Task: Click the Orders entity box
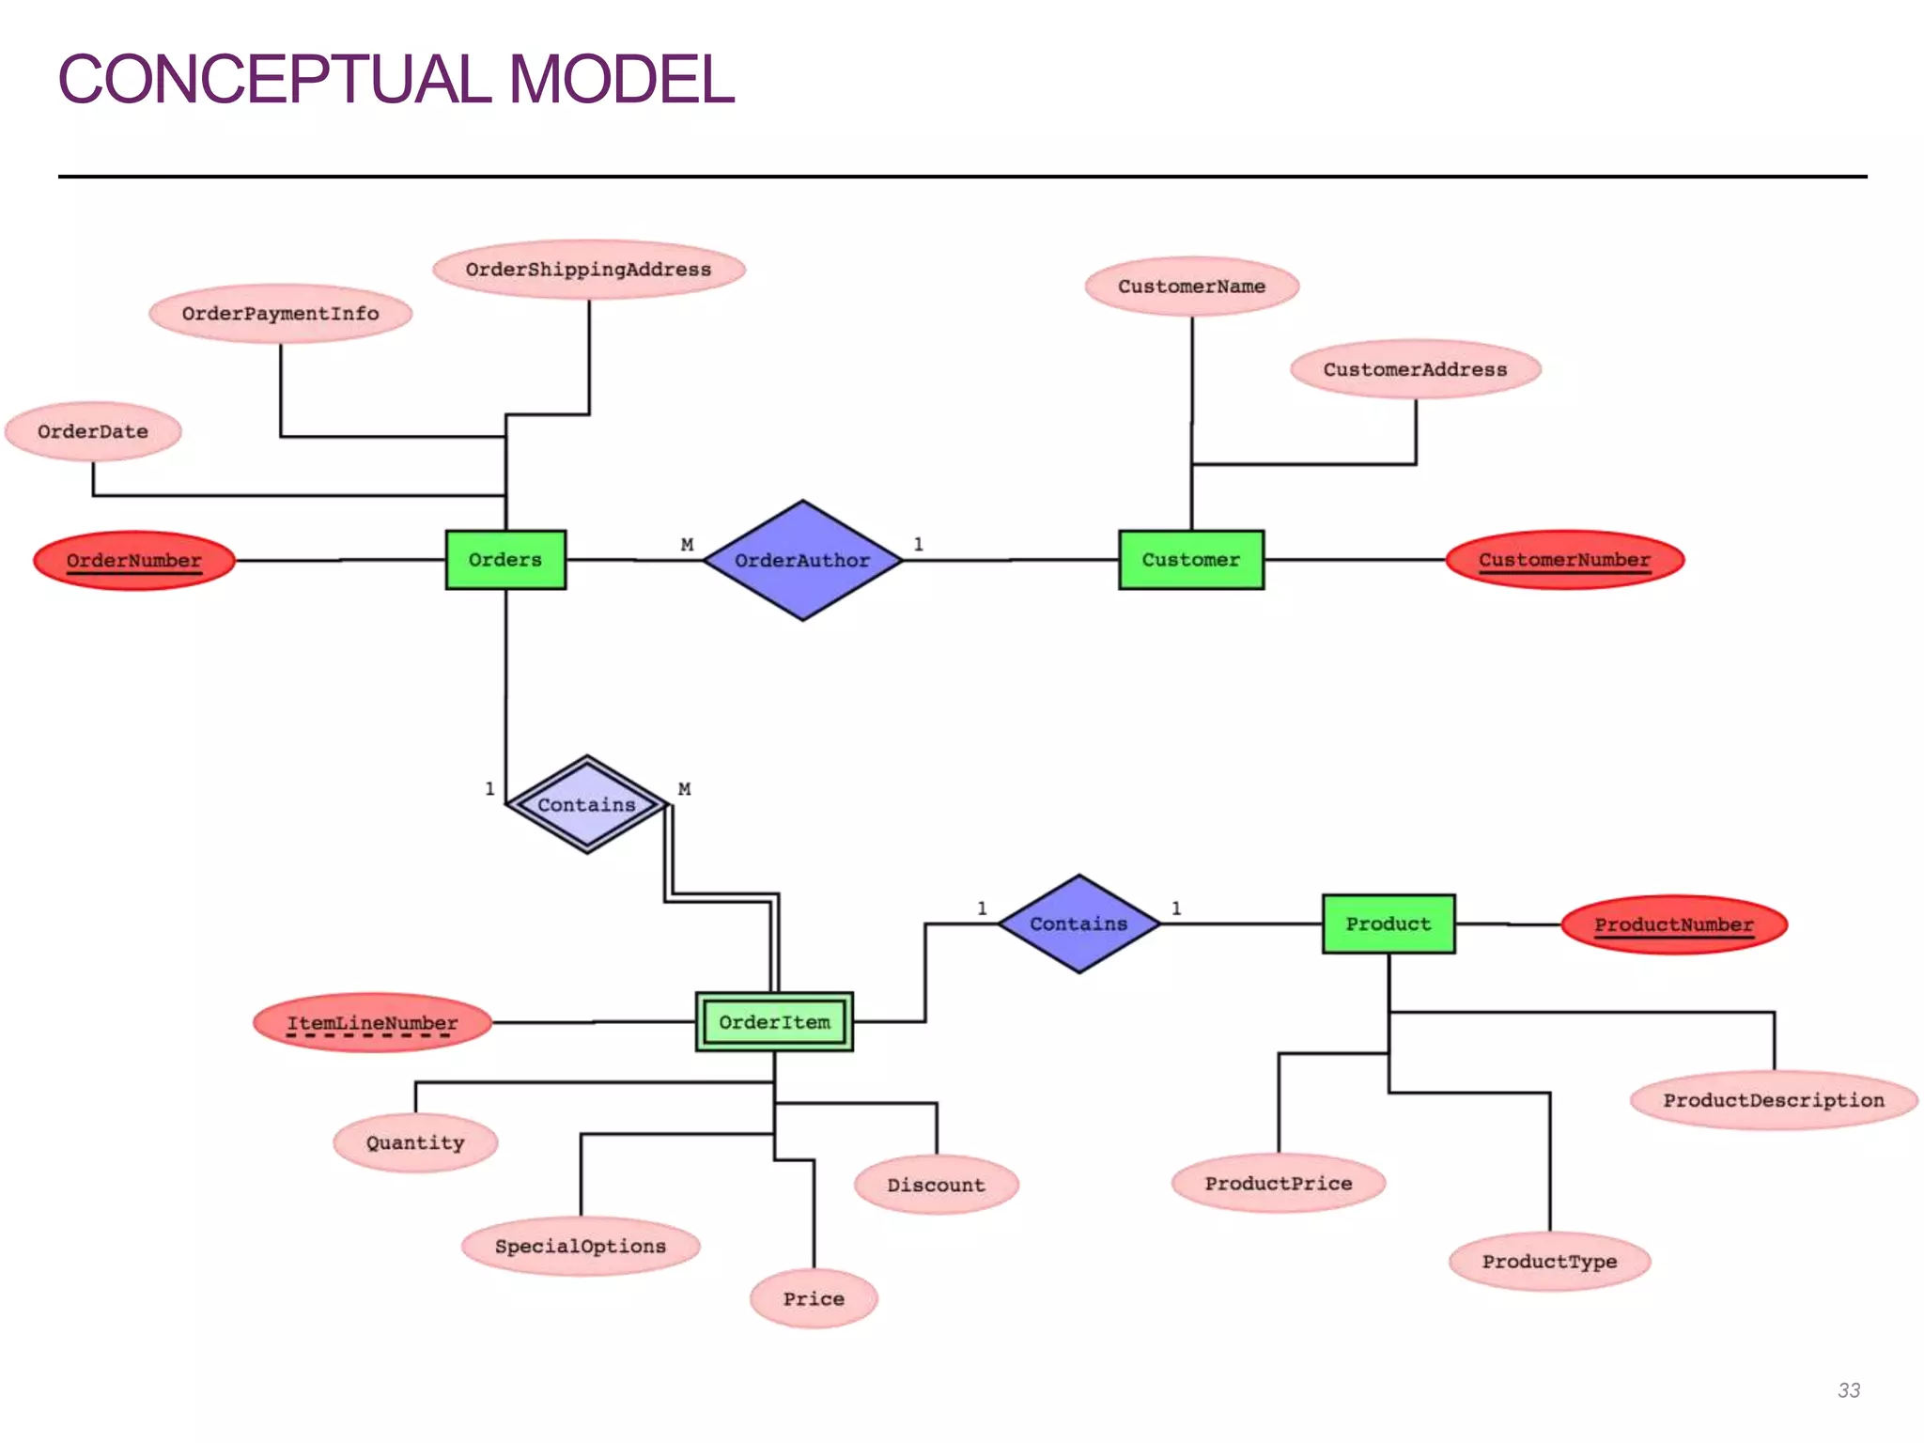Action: [505, 560]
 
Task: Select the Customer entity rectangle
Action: [1190, 560]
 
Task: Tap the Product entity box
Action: [1388, 924]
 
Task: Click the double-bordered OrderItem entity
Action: [774, 1022]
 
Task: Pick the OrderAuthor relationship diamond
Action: [802, 561]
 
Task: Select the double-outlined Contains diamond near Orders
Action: [587, 805]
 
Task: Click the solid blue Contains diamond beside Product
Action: [1078, 924]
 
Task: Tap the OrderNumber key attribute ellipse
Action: [134, 561]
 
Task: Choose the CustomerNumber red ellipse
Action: [1564, 560]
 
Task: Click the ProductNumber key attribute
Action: [1673, 925]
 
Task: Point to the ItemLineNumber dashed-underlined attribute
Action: [372, 1023]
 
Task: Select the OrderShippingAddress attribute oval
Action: [589, 270]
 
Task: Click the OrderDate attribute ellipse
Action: [93, 432]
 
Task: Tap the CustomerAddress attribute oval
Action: [1415, 370]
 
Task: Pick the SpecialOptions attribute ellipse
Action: [581, 1247]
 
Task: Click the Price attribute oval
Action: [814, 1299]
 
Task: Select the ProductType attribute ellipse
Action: [1549, 1262]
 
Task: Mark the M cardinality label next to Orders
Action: [687, 545]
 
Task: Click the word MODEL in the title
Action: [621, 80]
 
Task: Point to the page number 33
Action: [1848, 1390]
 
